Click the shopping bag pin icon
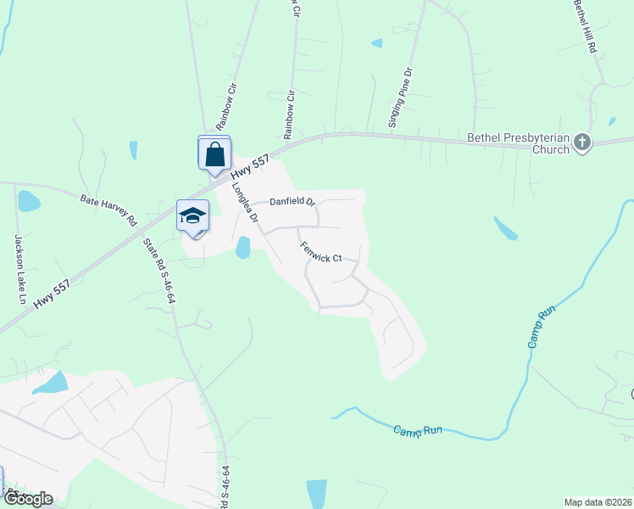pos(214,154)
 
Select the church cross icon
pos(582,143)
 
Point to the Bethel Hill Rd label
pos(586,27)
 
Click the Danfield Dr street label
pos(292,202)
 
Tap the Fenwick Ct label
pos(320,252)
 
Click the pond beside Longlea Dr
pos(243,248)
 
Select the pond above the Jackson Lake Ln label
pos(28,201)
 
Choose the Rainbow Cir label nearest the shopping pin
pos(231,99)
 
